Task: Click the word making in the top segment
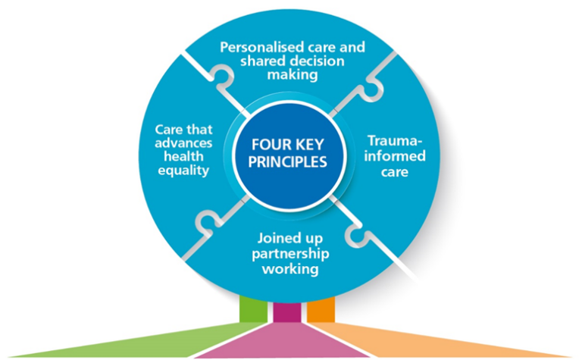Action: coord(293,76)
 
